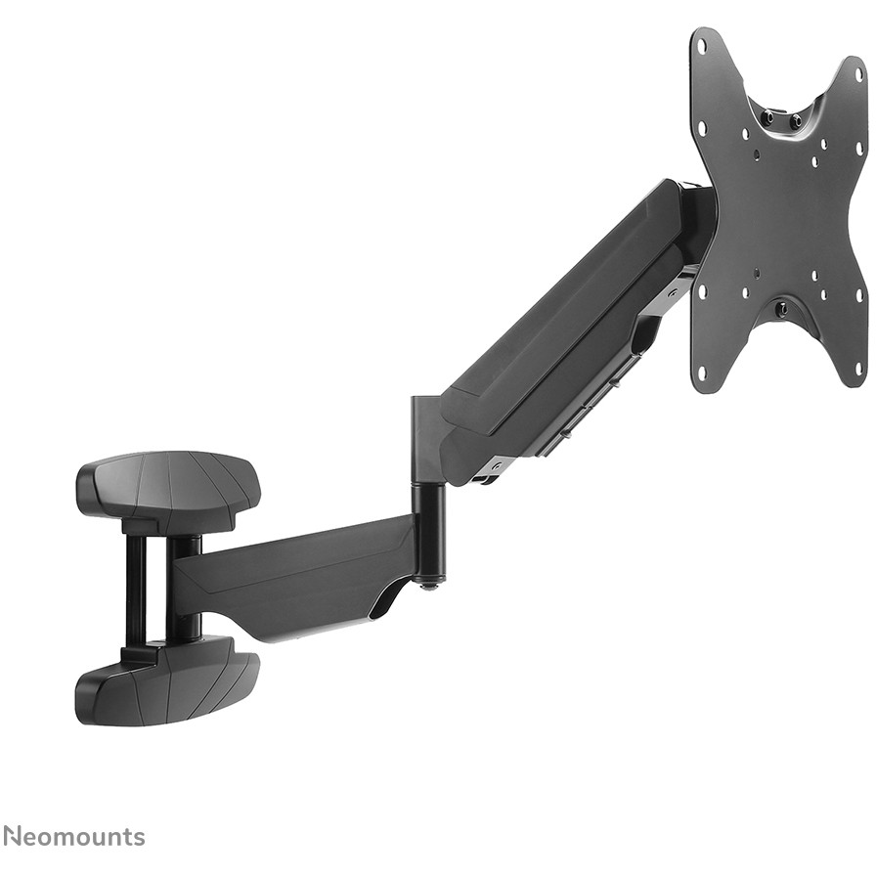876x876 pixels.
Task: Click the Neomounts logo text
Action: point(73,836)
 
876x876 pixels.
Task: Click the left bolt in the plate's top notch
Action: point(769,116)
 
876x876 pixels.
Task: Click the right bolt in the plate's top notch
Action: point(796,119)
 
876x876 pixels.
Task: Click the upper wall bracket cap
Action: point(168,483)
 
